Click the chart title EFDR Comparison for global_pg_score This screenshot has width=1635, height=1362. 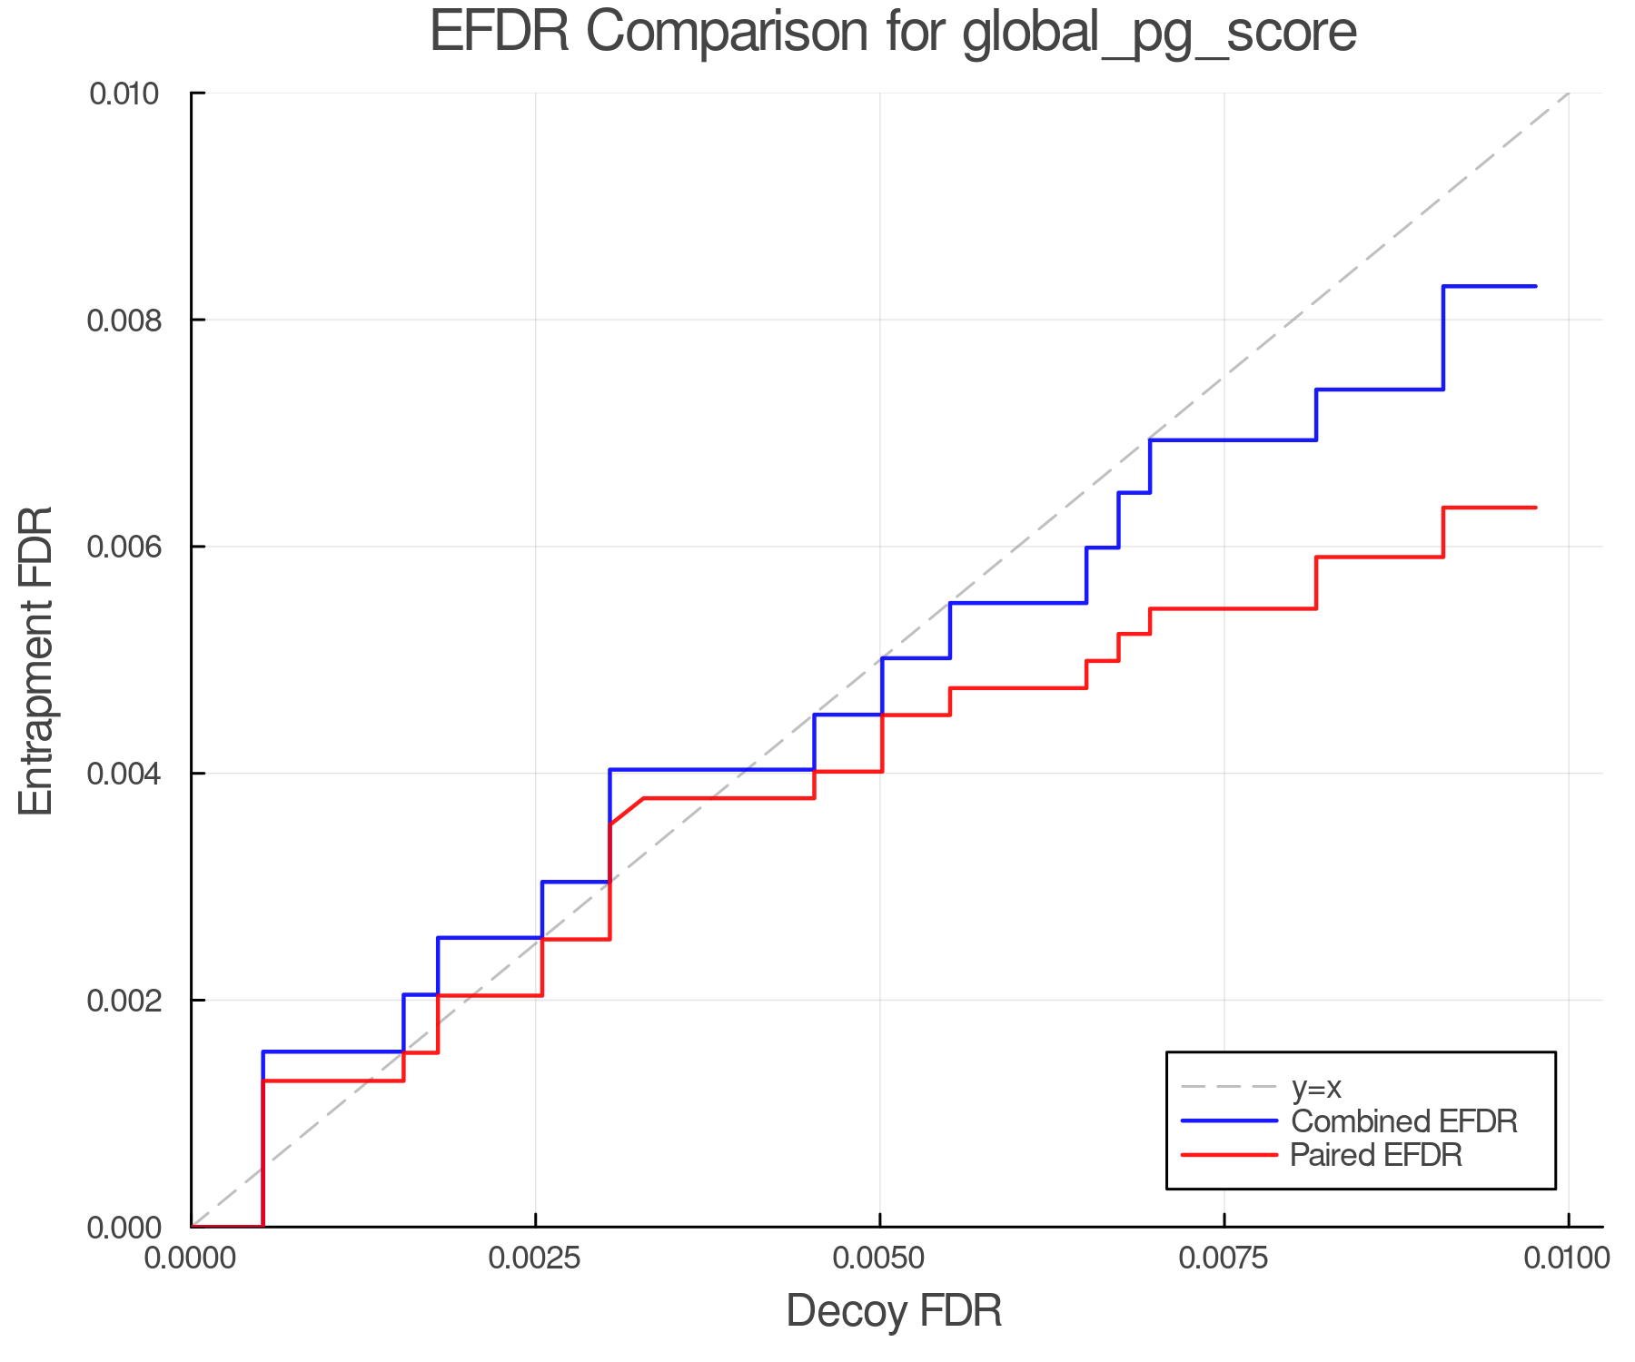tap(893, 32)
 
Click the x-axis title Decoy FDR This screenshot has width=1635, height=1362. tap(894, 1311)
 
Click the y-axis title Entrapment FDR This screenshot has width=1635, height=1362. tap(37, 661)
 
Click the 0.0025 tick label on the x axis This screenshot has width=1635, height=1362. tap(536, 1258)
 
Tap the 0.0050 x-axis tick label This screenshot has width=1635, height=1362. tap(879, 1258)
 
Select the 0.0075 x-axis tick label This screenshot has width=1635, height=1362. tap(1224, 1258)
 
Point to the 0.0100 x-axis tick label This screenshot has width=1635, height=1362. tap(1568, 1258)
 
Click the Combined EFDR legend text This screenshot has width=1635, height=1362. tap(1404, 1121)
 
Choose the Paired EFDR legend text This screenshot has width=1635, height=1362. tap(1376, 1155)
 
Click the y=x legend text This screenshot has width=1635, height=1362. tap(1316, 1087)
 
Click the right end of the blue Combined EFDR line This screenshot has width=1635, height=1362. tap(1535, 287)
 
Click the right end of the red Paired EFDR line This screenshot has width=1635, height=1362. tap(1535, 508)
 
